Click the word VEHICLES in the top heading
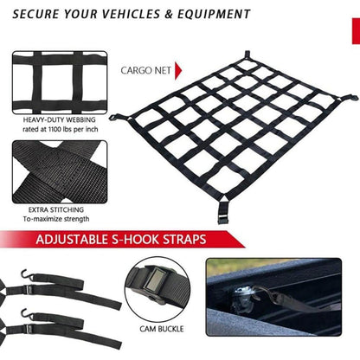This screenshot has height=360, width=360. [x=131, y=14]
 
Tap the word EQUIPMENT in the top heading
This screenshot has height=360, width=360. [x=214, y=14]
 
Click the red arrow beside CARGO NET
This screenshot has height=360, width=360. [x=178, y=71]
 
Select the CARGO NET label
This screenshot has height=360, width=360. [x=145, y=71]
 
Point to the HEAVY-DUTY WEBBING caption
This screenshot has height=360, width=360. [x=59, y=119]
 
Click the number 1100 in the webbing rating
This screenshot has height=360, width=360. [x=56, y=129]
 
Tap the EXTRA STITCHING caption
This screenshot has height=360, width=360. [x=56, y=209]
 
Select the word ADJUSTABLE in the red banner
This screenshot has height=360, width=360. [x=72, y=240]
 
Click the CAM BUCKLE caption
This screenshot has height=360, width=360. [x=162, y=329]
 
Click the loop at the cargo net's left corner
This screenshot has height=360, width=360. [x=113, y=118]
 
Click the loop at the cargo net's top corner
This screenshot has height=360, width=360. [x=247, y=55]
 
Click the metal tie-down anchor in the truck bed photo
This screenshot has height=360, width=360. [x=245, y=296]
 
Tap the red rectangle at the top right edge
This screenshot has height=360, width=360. [x=356, y=31]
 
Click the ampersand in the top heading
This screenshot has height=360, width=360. [x=168, y=14]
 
